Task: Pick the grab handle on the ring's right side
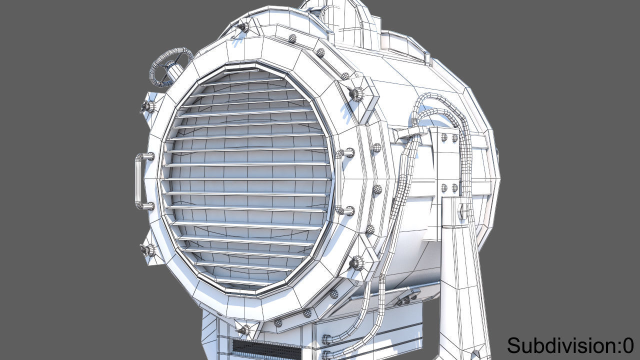344,181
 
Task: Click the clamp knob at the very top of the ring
243,27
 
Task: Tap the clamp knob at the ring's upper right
357,93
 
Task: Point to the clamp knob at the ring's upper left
147,106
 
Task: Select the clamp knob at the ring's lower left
148,250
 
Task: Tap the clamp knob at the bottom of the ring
245,329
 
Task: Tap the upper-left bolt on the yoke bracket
443,137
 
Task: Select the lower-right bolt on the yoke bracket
454,188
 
